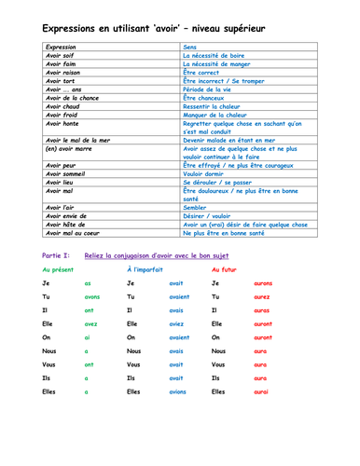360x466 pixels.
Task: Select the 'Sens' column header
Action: pyautogui.click(x=189, y=47)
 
